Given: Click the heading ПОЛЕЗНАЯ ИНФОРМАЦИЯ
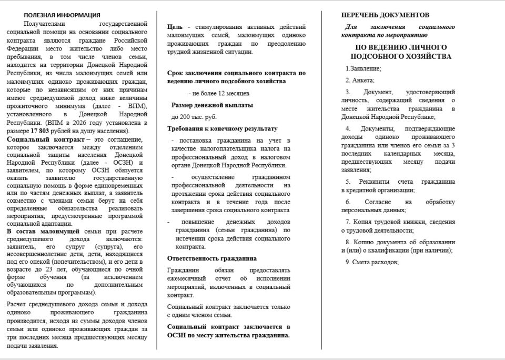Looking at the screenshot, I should pyautogui.click(x=62, y=15).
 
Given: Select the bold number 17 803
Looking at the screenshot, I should pyautogui.click(x=42, y=131).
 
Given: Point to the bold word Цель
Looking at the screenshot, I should pyautogui.click(x=175, y=26).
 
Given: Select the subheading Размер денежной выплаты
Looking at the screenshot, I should pyautogui.click(x=212, y=105).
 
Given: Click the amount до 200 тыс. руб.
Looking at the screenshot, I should pyautogui.click(x=194, y=117).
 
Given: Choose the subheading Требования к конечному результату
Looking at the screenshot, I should pyautogui.click(x=222, y=128).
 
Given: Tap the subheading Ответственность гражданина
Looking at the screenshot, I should pyautogui.click(x=212, y=258).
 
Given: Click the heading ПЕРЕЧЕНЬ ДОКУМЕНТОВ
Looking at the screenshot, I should pyautogui.click(x=385, y=15).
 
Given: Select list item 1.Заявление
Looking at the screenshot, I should pyautogui.click(x=363, y=68).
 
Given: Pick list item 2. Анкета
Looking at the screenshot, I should pyautogui.click(x=360, y=80).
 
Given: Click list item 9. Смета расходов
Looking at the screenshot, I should pyautogui.click(x=372, y=262).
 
